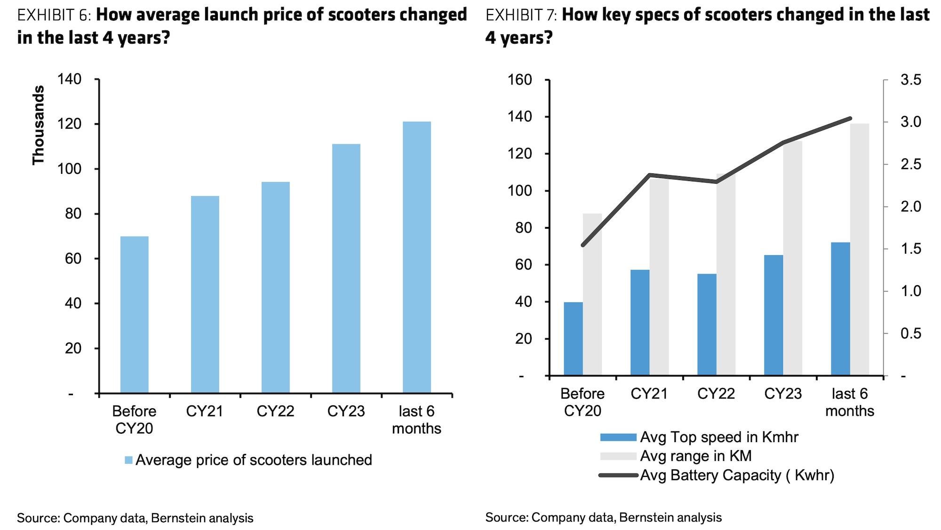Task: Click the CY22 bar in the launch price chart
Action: click(275, 287)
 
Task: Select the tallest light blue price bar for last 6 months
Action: click(416, 257)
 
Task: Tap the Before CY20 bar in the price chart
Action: click(134, 314)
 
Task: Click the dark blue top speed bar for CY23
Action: click(774, 315)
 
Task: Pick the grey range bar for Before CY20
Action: click(592, 295)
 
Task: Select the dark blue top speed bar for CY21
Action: click(640, 323)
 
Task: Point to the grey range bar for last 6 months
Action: click(860, 249)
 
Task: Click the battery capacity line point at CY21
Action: click(650, 175)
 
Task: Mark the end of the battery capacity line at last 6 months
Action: click(850, 118)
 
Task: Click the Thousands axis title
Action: click(38, 125)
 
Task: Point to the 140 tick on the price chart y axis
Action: click(69, 79)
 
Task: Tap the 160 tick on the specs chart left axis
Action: click(520, 80)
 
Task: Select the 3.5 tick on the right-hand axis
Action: click(911, 80)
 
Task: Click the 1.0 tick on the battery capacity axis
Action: click(911, 291)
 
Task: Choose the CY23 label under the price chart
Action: click(346, 412)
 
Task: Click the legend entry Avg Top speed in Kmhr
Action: click(719, 437)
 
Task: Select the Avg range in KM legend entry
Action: click(695, 456)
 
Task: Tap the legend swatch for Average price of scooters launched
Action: click(128, 460)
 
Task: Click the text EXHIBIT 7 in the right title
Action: click(521, 15)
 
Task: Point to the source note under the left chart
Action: click(135, 518)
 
